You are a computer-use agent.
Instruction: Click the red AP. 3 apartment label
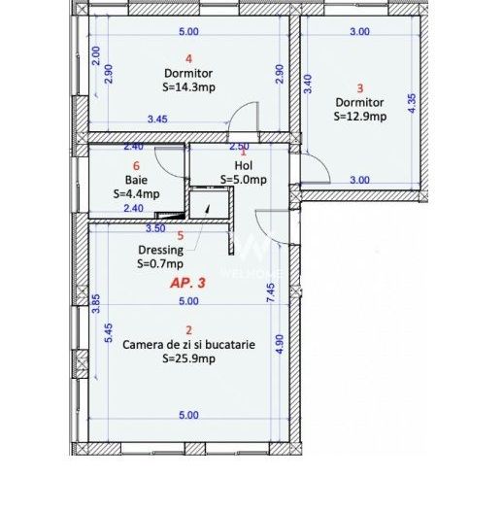tap(188, 284)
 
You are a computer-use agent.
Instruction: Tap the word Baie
tap(136, 180)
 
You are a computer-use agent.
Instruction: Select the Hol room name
tap(242, 166)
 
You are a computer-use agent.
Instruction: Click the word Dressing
tap(159, 250)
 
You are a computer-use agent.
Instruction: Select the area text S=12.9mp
tap(359, 116)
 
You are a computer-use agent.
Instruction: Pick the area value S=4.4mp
tap(136, 193)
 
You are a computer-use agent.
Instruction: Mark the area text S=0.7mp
tap(159, 262)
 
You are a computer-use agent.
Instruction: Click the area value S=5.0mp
tap(242, 179)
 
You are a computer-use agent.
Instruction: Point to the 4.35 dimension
tap(412, 105)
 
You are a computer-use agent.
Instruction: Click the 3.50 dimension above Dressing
tap(154, 228)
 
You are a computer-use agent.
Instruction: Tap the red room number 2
tap(188, 330)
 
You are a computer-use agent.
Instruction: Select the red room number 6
tap(137, 166)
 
